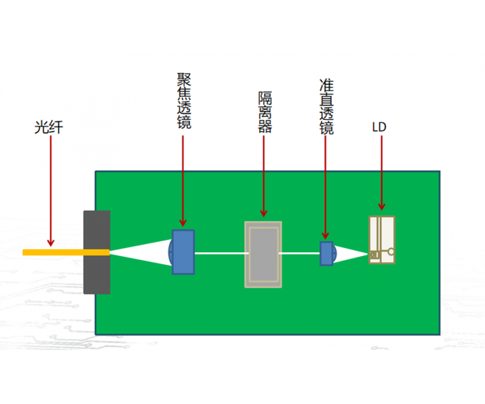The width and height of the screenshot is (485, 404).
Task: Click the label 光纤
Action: [48, 127]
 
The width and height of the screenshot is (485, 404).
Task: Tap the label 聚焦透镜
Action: [184, 101]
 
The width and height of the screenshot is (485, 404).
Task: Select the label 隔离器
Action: [265, 112]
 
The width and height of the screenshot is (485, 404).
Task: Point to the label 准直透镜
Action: [327, 106]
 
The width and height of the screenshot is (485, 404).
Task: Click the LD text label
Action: [379, 127]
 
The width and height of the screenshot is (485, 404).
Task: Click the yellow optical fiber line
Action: [66, 252]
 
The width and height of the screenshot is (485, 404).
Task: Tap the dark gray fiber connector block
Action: [97, 252]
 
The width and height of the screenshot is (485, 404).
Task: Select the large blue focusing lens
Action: [182, 252]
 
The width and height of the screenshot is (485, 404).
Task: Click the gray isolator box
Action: [263, 255]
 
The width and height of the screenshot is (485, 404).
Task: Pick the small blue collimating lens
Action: [327, 254]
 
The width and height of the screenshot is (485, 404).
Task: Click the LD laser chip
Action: [382, 240]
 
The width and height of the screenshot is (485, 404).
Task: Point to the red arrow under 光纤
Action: [51, 191]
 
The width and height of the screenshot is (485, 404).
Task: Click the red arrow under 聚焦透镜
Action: [183, 181]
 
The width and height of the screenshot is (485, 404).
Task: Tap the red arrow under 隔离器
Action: [264, 176]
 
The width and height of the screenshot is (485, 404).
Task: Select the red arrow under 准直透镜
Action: [325, 187]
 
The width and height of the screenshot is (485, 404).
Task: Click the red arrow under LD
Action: [382, 173]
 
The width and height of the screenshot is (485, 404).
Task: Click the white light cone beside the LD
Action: [351, 254]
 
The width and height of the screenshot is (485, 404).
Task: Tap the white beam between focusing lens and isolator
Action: [220, 254]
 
